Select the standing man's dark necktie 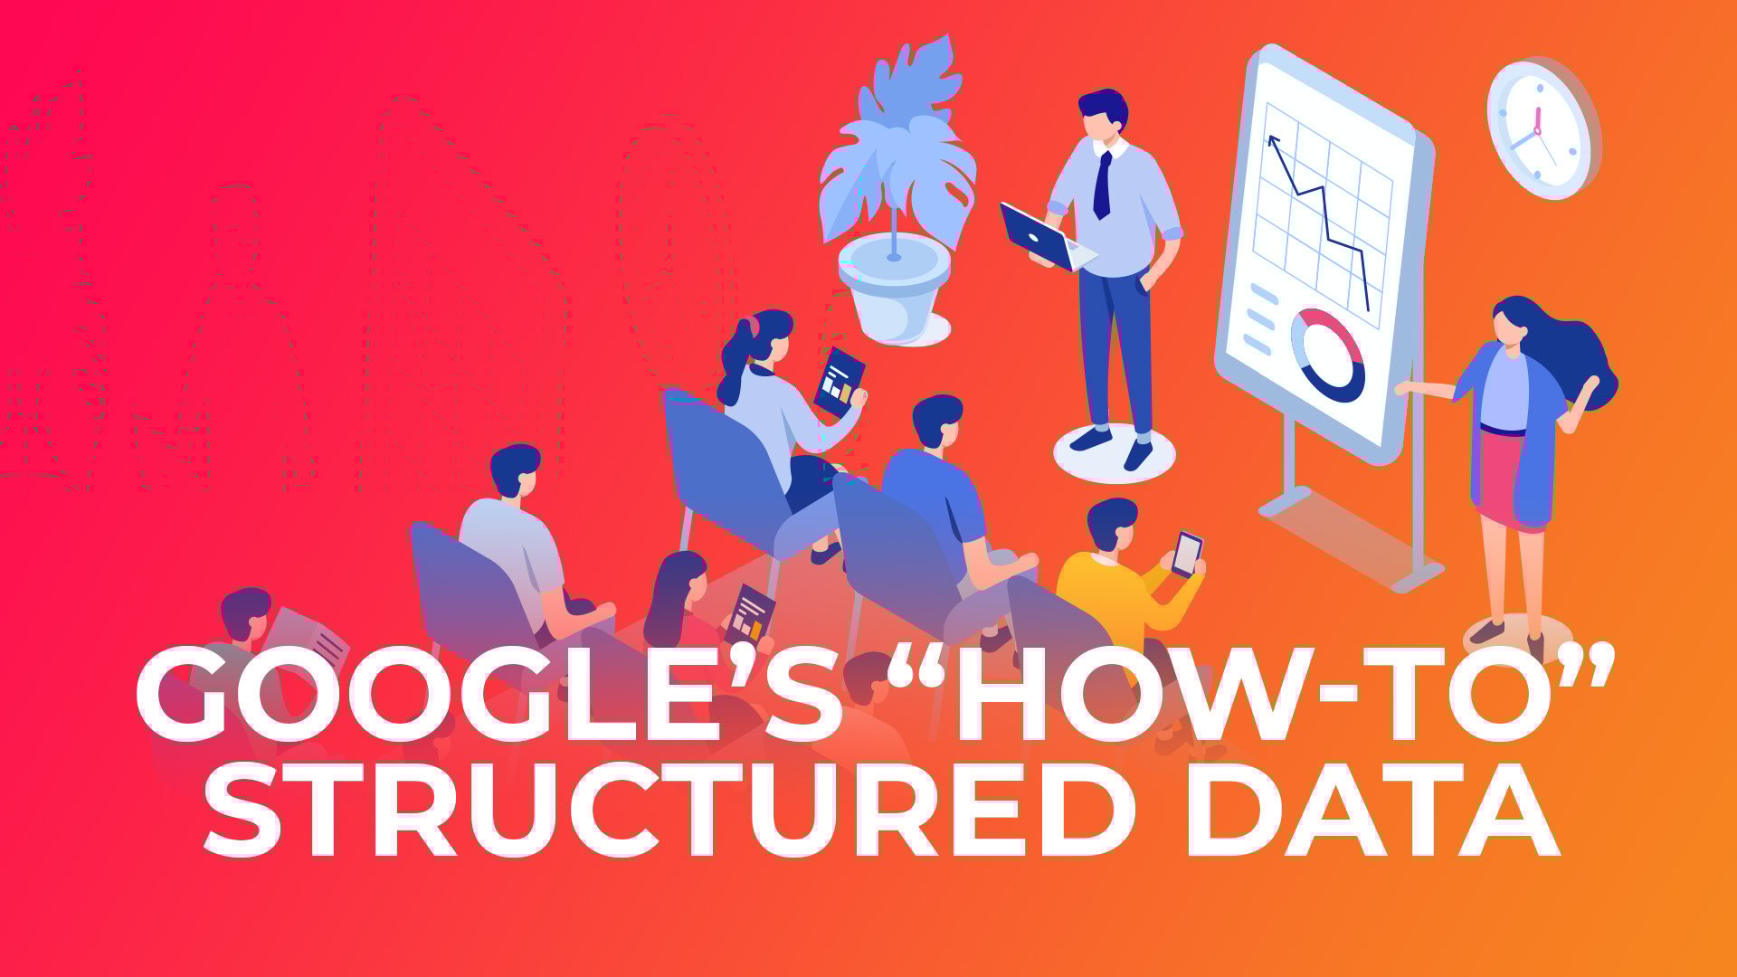(1102, 185)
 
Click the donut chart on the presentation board (1327, 355)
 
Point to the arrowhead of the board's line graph (1274, 142)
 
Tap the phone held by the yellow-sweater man (1186, 554)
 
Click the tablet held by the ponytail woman (839, 381)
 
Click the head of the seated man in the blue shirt (937, 421)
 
